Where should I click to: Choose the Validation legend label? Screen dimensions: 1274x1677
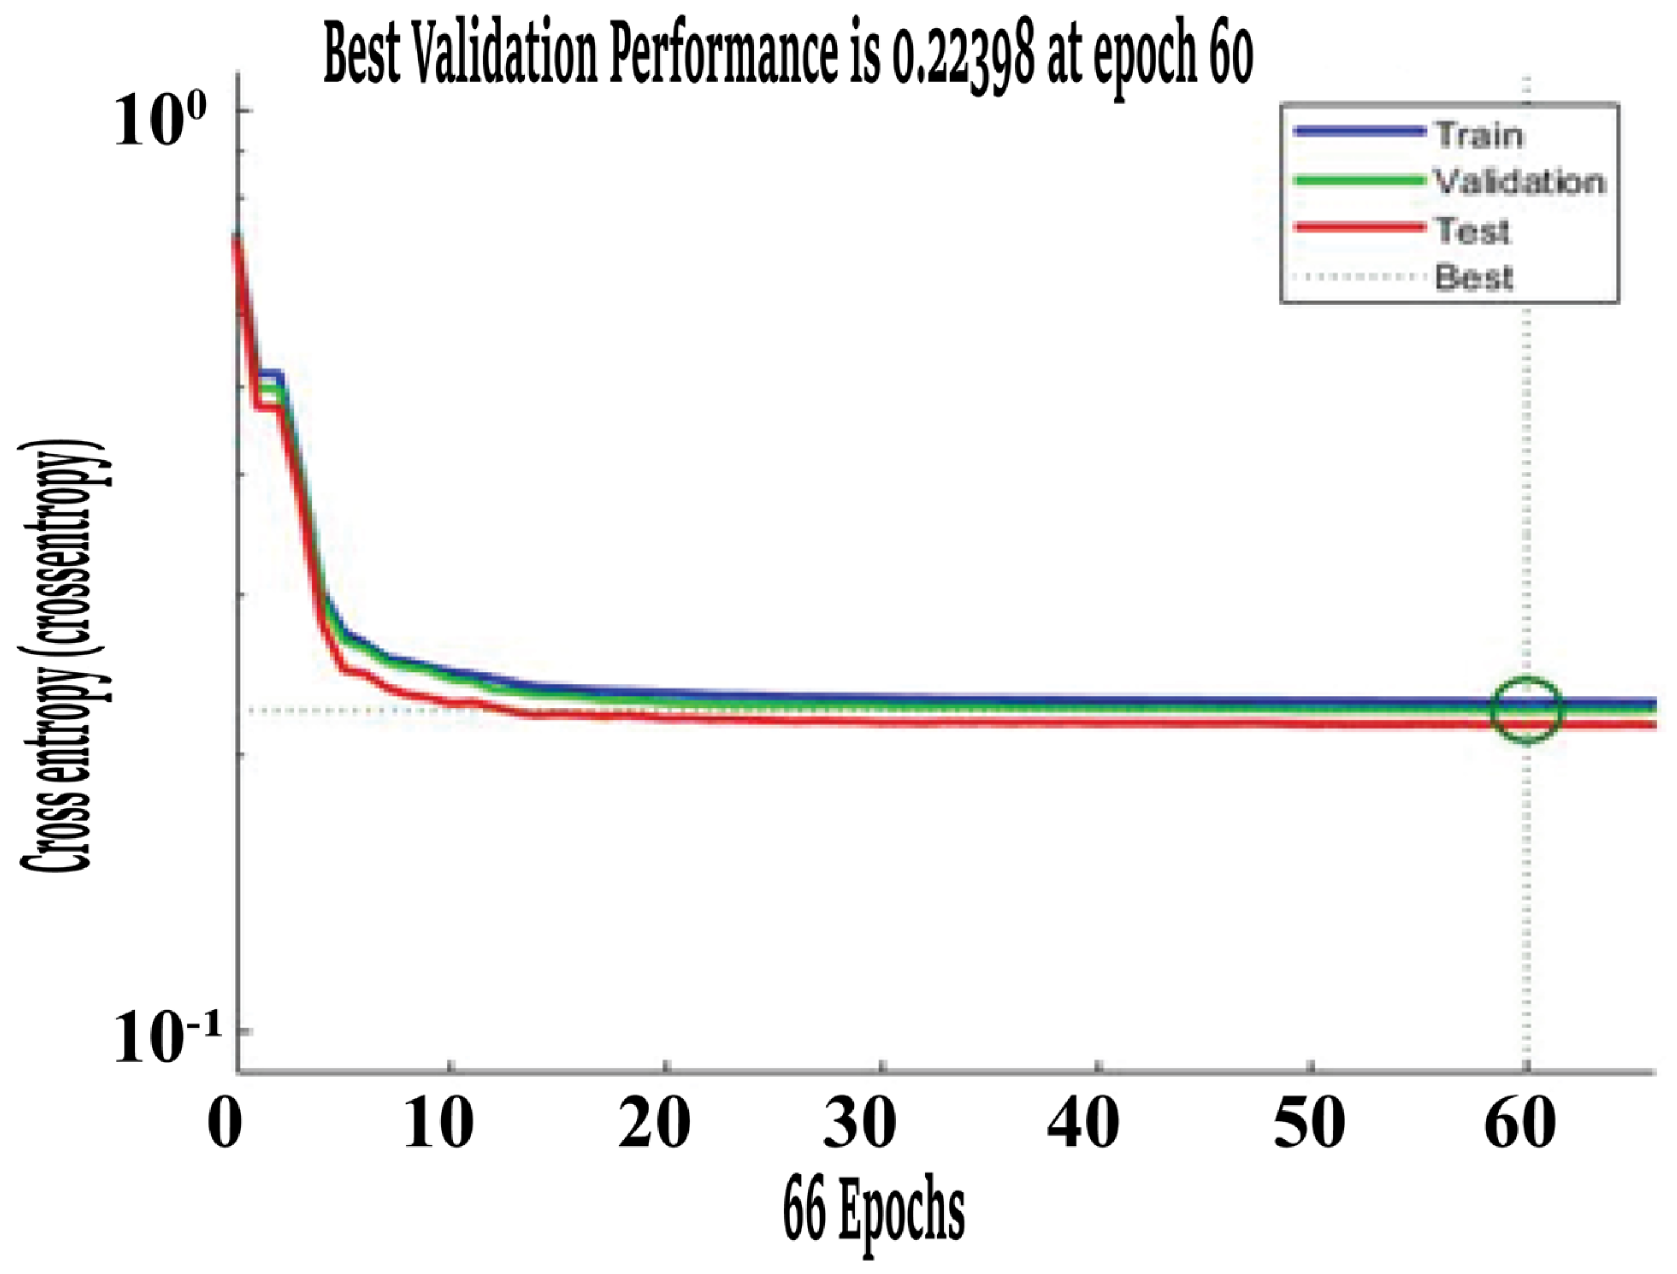[x=1520, y=182]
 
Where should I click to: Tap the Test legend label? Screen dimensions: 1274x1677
[x=1472, y=230]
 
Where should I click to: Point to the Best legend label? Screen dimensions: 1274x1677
[x=1474, y=277]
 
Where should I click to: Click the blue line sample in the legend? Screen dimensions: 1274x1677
[x=1358, y=132]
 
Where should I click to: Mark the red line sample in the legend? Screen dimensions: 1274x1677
[x=1358, y=227]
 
